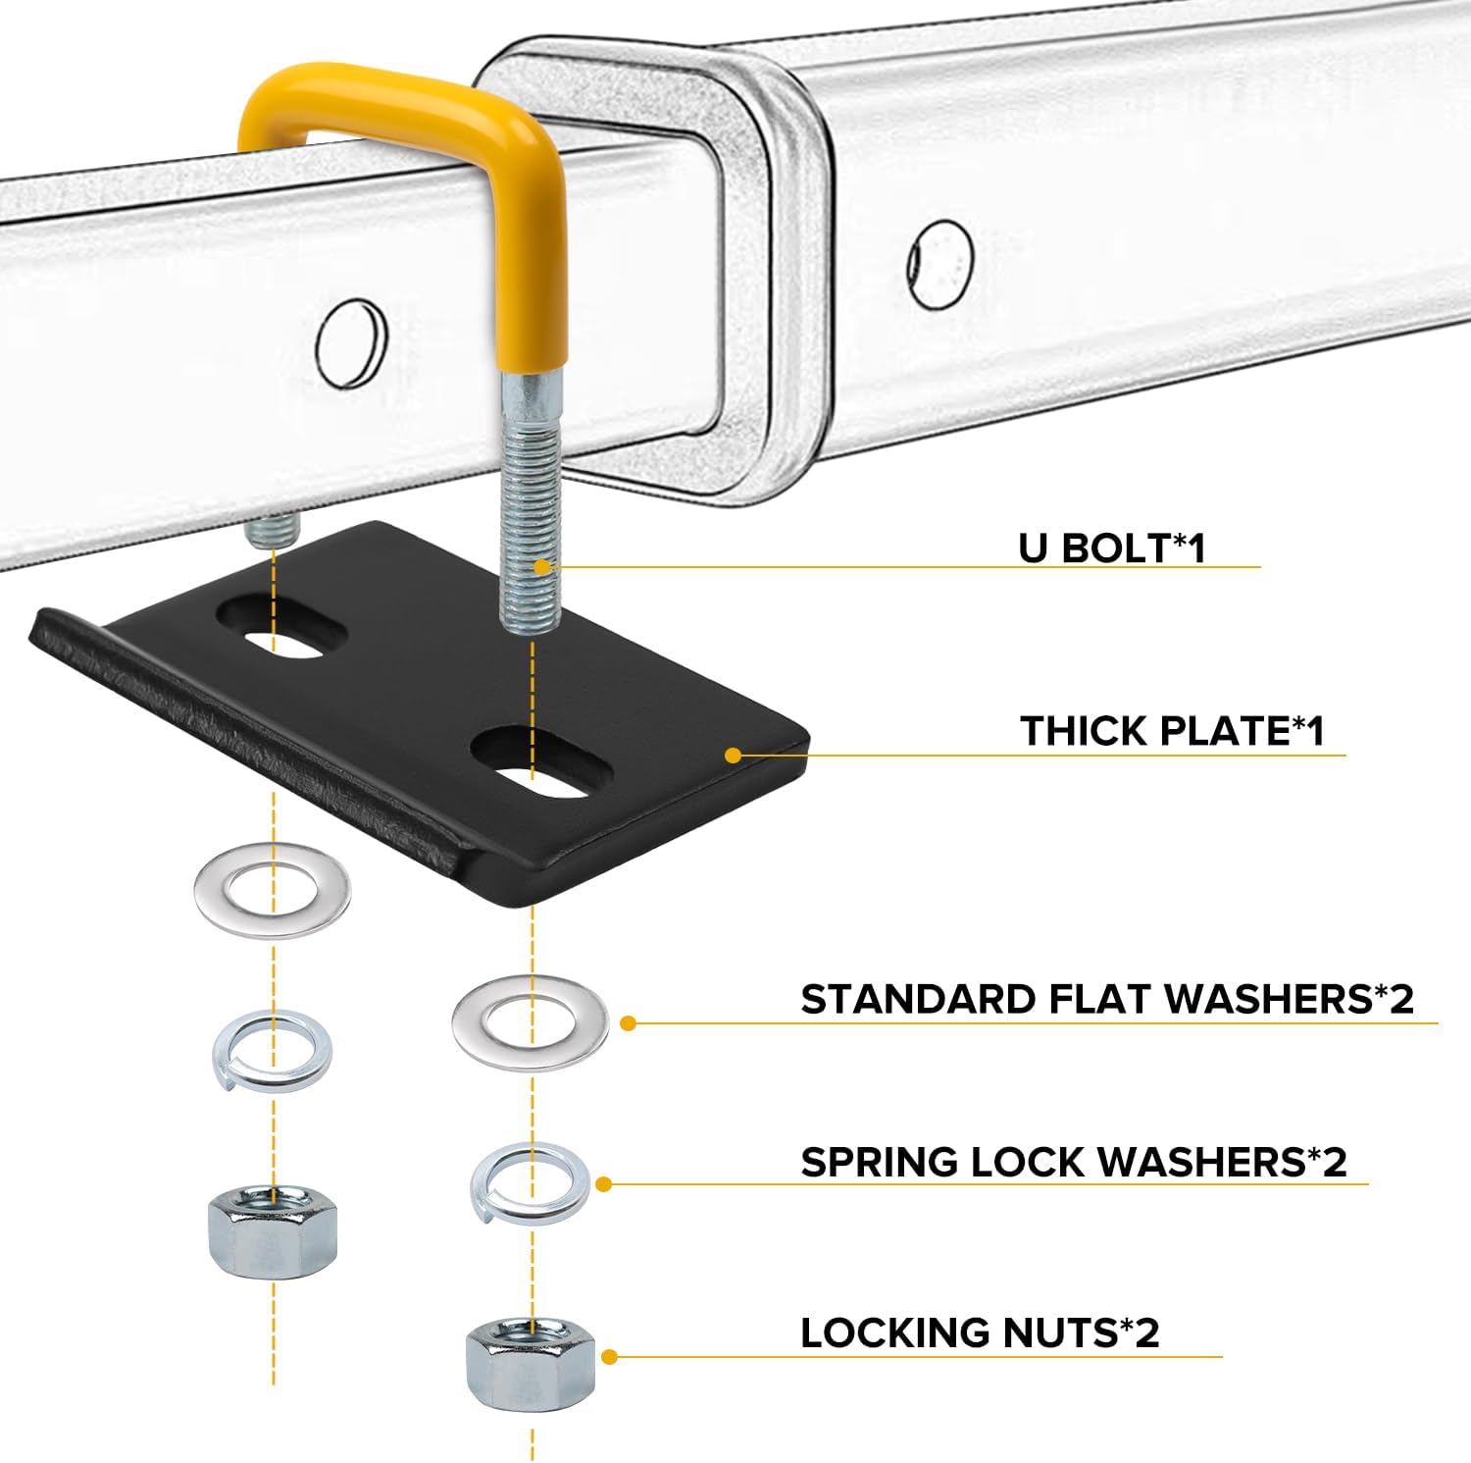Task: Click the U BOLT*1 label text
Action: [1111, 548]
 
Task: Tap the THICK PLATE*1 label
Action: [1172, 731]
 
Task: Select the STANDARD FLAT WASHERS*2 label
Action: [1107, 999]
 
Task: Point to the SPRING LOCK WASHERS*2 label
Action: [1073, 1162]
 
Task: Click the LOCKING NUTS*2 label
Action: [980, 1332]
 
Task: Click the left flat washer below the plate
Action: [272, 891]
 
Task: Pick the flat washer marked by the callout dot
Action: [530, 1022]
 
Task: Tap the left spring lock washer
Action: [272, 1051]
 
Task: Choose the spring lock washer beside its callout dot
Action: [530, 1182]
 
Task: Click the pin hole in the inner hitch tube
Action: [351, 342]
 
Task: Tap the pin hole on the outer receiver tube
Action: [939, 264]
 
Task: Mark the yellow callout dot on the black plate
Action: [733, 755]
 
